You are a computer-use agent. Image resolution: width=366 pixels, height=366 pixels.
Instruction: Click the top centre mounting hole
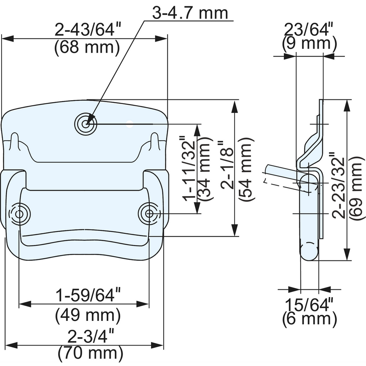point(86,124)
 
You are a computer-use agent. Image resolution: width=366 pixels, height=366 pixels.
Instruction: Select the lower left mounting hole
point(19,214)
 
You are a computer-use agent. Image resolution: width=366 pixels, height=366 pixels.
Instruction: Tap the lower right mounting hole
point(149,213)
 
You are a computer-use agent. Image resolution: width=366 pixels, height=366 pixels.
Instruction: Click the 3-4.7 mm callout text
point(190,13)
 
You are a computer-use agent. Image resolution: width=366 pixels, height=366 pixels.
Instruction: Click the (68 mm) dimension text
point(87,48)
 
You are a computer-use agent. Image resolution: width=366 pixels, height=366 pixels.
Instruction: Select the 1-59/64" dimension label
point(88,295)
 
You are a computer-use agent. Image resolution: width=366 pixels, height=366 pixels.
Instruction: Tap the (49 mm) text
point(88,315)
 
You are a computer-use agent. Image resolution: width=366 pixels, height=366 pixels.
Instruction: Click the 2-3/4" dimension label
point(91,336)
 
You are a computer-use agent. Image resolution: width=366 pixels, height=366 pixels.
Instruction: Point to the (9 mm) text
point(309,44)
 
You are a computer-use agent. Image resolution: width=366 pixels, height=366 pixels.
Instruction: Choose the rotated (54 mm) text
point(245,170)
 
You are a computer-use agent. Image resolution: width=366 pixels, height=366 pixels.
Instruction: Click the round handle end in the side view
point(309,252)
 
